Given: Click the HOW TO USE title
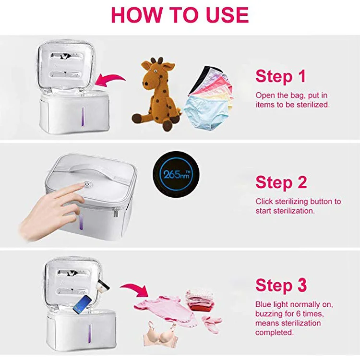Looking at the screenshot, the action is (180, 15).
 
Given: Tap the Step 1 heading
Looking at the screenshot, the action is (281, 76).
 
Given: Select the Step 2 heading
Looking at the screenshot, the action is (281, 182).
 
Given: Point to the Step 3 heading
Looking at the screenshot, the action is (281, 285).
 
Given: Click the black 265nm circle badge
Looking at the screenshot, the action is (176, 175).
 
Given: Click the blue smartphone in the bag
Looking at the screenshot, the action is (82, 304).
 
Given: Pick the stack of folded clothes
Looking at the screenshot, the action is (200, 300).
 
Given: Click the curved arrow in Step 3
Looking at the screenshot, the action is (135, 288).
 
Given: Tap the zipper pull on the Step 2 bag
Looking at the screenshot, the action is (116, 212).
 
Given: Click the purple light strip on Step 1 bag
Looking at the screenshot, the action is (83, 117).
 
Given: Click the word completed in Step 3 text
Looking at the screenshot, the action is (275, 333).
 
